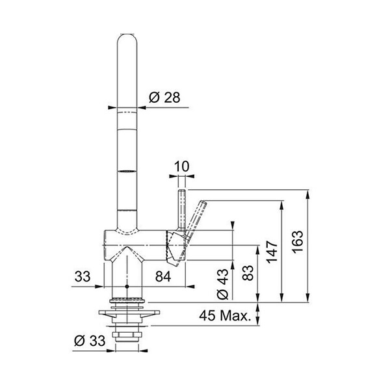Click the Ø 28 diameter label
coord(164,97)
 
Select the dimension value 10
coord(181,166)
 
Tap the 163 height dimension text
coord(298,242)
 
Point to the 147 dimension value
coord(272,252)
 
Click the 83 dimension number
coord(248,273)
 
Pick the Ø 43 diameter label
coord(222,283)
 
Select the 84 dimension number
coord(163,276)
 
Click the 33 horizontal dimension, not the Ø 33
coord(83,276)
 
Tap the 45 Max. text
coord(225,316)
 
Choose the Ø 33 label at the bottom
coord(90,341)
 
